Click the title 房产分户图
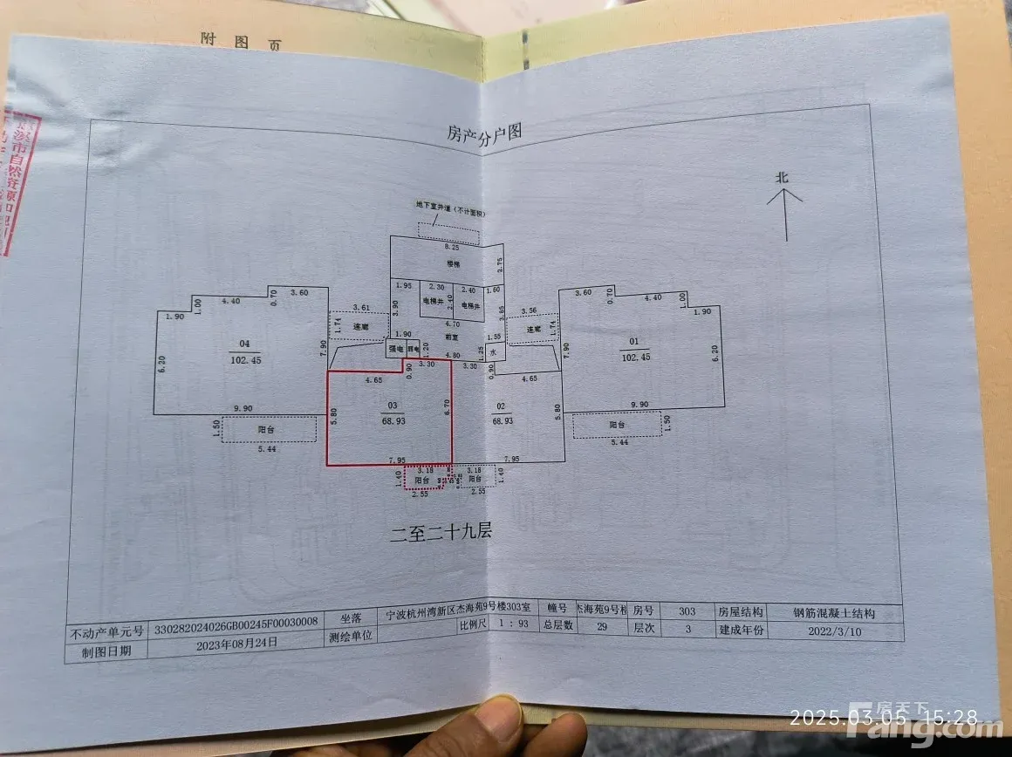click(484, 133)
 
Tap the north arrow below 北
click(785, 215)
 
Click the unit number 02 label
click(501, 406)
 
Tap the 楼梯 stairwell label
click(452, 263)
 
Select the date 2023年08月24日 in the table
click(236, 642)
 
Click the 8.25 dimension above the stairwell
click(449, 248)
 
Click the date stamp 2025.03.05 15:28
click(883, 718)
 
